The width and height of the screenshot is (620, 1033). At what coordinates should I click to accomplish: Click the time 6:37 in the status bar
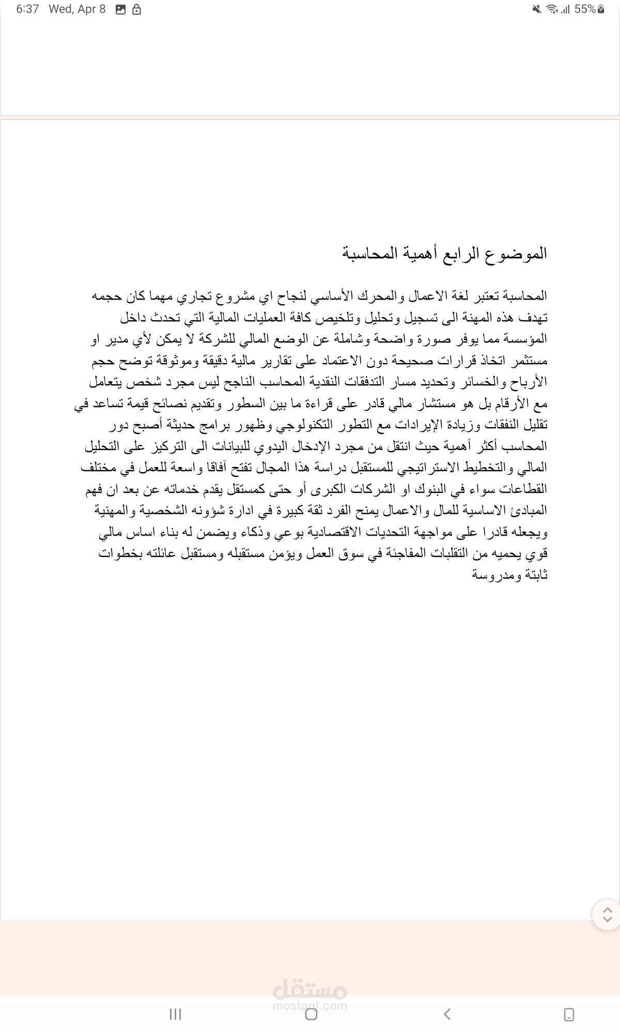(27, 9)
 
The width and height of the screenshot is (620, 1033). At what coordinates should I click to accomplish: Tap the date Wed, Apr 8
(77, 9)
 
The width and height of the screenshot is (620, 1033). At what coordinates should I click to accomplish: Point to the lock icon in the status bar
(136, 10)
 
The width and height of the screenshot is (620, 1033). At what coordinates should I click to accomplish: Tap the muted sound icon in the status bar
(536, 9)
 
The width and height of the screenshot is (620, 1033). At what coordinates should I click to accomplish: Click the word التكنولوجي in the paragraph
(305, 425)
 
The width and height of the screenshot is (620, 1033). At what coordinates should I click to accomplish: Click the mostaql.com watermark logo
(310, 995)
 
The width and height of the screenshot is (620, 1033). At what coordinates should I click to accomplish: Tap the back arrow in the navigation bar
(447, 1014)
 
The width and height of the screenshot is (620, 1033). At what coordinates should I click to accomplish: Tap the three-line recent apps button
(175, 1014)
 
